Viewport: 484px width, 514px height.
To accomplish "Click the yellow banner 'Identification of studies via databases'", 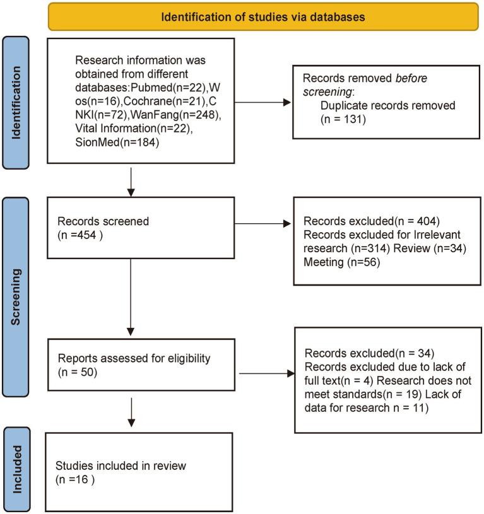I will point(263,17).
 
